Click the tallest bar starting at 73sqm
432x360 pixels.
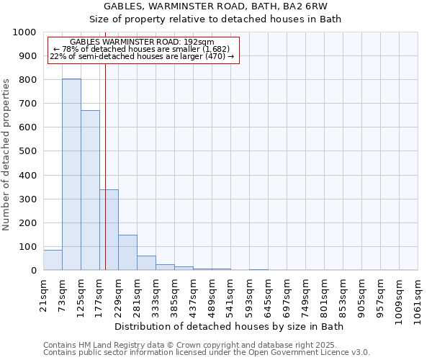point(71,174)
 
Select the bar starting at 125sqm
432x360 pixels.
point(90,190)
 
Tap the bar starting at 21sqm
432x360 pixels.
point(53,260)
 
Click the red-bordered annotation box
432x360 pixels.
point(143,50)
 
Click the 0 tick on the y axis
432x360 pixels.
point(33,271)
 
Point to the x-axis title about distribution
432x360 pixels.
point(229,327)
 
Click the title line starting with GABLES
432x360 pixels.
point(216,6)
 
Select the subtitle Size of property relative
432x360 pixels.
point(216,19)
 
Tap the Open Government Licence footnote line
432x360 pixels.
point(207,353)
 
